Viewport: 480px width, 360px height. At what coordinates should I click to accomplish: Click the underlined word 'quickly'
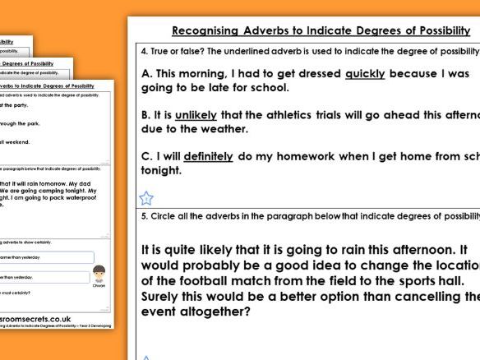[x=365, y=73]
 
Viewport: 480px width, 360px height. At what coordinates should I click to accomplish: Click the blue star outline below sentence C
[x=146, y=197]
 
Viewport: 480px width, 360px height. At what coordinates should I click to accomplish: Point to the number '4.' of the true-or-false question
[x=144, y=51]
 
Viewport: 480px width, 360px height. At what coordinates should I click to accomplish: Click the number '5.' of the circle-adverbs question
[x=144, y=216]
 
